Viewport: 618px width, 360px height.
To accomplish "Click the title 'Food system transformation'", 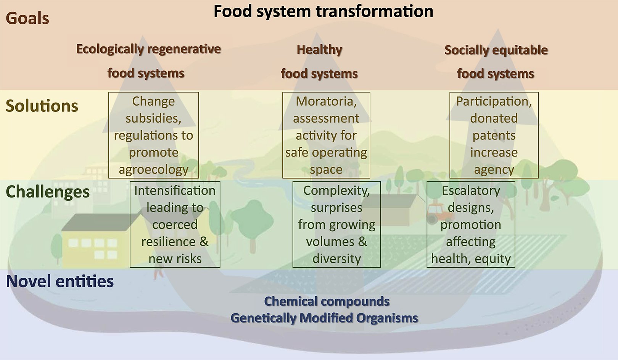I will pyautogui.click(x=323, y=11).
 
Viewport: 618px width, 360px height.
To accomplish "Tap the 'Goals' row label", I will pyautogui.click(x=27, y=18).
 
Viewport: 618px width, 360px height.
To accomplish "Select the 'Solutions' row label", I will pyautogui.click(x=42, y=106).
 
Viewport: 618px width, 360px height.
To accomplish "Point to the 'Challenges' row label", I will pyautogui.click(x=48, y=192).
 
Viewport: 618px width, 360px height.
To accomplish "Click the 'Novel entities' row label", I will pyautogui.click(x=60, y=281).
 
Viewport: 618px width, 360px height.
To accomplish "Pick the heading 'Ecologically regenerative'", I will pyautogui.click(x=148, y=49).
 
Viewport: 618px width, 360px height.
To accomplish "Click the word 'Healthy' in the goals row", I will pyautogui.click(x=319, y=50).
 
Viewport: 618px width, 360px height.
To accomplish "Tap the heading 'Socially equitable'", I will pyautogui.click(x=496, y=50).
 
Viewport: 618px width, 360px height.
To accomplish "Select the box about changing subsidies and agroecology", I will pyautogui.click(x=153, y=135).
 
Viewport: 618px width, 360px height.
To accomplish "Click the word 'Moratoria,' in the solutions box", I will pyautogui.click(x=326, y=101).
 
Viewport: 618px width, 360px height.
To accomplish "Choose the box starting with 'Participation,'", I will pyautogui.click(x=494, y=135).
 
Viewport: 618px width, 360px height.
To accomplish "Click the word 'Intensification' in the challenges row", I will pyautogui.click(x=175, y=190).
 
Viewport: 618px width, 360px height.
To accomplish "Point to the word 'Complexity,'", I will pyautogui.click(x=336, y=190).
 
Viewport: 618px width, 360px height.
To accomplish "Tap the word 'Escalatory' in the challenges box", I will pyautogui.click(x=471, y=190).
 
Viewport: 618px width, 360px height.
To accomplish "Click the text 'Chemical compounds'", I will pyautogui.click(x=327, y=301).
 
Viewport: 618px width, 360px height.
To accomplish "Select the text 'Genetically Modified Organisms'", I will pyautogui.click(x=324, y=318).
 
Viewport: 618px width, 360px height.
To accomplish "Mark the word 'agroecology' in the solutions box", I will pyautogui.click(x=153, y=170).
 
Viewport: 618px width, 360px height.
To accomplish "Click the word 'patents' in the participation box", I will pyautogui.click(x=494, y=136).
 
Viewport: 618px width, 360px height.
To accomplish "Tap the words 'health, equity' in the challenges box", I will pyautogui.click(x=471, y=259).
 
